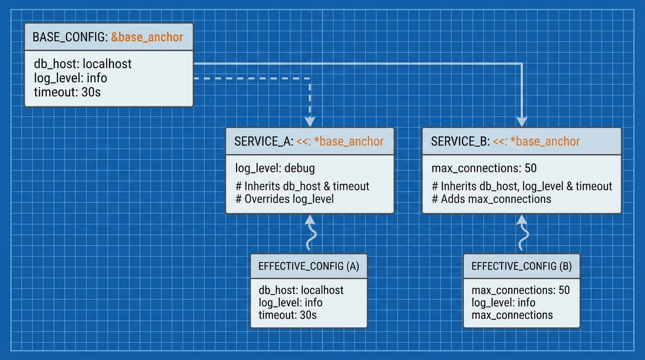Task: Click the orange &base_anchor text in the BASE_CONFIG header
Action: tap(147, 37)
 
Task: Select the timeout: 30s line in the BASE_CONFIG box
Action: tap(67, 91)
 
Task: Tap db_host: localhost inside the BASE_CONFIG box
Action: tap(82, 64)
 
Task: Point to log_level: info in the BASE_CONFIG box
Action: tap(70, 77)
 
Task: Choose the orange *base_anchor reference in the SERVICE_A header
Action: tap(349, 142)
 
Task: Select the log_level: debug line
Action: tap(275, 168)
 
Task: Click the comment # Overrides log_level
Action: tap(285, 199)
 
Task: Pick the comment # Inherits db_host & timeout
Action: tap(302, 186)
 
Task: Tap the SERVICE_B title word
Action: tap(459, 142)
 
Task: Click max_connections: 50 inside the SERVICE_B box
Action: tap(484, 168)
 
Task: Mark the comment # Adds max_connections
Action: tap(491, 199)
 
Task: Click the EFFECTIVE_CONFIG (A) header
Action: tap(308, 266)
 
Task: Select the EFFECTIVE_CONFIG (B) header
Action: tap(521, 266)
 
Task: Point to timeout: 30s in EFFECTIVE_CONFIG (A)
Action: tap(287, 315)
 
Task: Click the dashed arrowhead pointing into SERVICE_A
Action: tap(309, 122)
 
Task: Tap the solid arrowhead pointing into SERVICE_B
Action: tap(521, 122)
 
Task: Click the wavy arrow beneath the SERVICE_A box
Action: tap(309, 234)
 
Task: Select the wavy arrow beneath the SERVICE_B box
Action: tap(521, 234)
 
